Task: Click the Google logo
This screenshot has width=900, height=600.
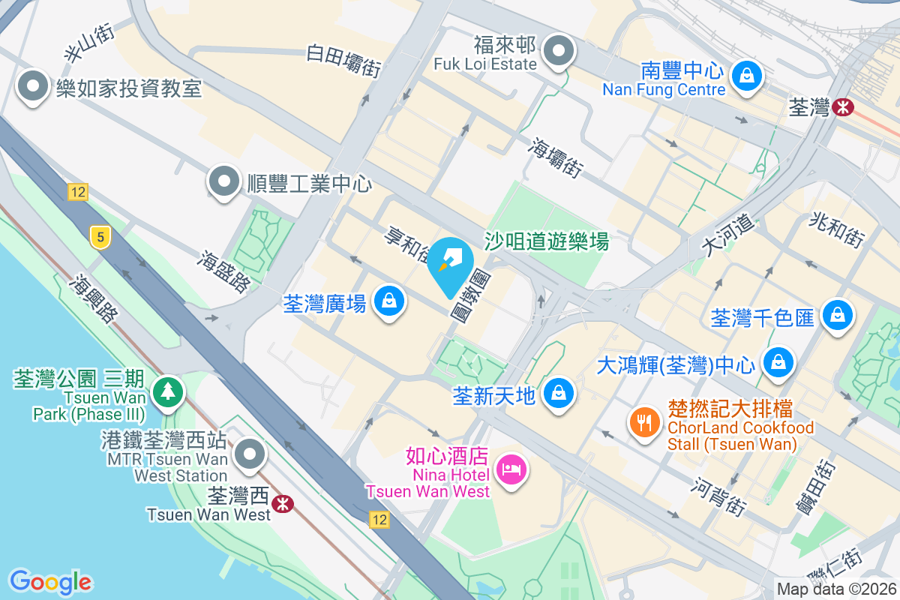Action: click(50, 582)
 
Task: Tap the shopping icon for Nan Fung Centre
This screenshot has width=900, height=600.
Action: click(747, 76)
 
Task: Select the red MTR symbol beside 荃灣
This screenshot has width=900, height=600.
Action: click(843, 108)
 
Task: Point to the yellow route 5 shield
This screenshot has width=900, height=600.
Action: click(99, 238)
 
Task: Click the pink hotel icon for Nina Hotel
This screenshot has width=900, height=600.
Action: click(512, 470)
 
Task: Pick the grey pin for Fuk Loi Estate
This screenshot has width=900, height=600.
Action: click(558, 52)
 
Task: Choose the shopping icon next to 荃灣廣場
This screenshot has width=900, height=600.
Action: click(389, 301)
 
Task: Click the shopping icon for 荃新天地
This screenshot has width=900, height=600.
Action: click(558, 392)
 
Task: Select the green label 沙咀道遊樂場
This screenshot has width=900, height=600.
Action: click(546, 241)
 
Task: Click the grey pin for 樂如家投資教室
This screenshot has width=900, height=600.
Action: click(32, 87)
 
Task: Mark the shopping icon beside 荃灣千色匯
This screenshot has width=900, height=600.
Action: click(836, 316)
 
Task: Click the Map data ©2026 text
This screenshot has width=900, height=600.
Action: click(836, 589)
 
